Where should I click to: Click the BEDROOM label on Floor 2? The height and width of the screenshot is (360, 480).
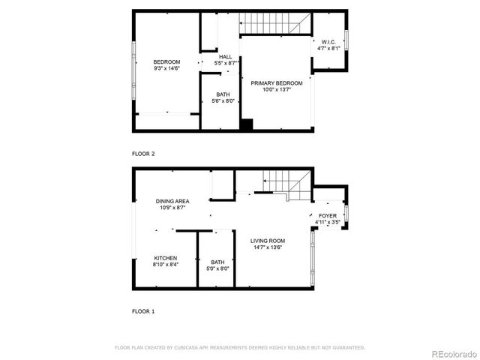coord(166,61)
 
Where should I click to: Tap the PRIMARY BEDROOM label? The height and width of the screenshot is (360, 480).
coord(277,82)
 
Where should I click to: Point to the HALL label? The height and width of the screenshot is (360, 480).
coord(225,57)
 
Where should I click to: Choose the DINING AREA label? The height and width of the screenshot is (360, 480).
coord(172,201)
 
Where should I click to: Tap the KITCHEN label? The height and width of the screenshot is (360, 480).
coord(166,258)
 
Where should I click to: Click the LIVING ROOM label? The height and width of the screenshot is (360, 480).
coord(268,241)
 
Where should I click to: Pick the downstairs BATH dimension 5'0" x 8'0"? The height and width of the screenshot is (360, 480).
coord(217,268)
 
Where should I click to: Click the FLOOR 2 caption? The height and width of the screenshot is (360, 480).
coord(142,154)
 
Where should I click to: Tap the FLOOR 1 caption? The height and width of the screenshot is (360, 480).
coord(142,310)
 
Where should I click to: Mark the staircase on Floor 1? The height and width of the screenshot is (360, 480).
coord(282,183)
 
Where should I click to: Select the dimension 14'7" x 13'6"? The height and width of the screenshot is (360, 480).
coord(268,247)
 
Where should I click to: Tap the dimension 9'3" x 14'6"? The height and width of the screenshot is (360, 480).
coord(166,68)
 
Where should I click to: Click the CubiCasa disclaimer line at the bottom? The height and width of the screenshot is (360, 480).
coord(239,347)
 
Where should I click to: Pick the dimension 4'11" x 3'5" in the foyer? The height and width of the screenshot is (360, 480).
coord(327,223)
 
